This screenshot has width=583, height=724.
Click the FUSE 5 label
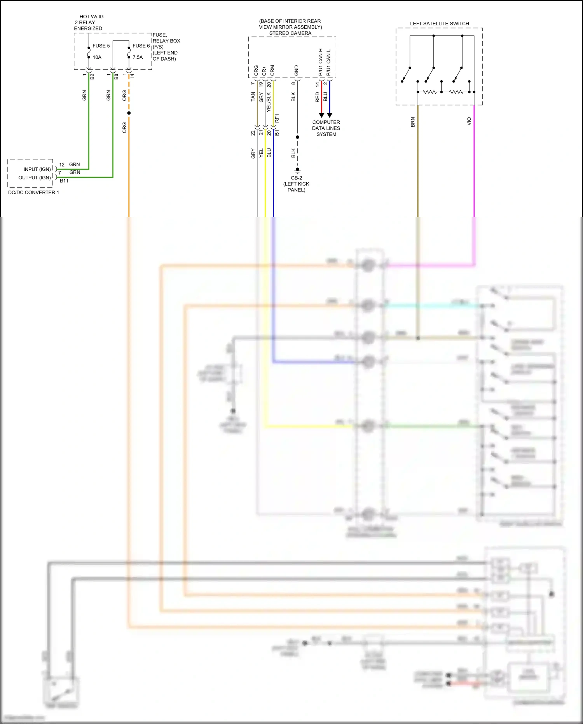tap(101, 46)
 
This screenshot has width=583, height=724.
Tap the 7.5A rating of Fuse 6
tap(138, 57)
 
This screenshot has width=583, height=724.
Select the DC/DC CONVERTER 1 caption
tap(33, 193)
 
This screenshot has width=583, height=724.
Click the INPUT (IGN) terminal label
tap(37, 169)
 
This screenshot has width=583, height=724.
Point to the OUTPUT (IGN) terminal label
tap(35, 178)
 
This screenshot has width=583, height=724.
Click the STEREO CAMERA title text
tap(290, 33)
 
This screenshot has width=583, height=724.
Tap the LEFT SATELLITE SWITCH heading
tap(439, 24)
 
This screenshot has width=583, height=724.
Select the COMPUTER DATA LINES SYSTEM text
tap(326, 128)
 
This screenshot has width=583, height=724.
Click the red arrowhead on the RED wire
tap(321, 115)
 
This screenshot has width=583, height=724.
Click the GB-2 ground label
tap(297, 178)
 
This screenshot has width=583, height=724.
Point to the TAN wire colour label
tap(253, 97)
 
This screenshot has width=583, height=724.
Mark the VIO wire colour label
tap(469, 121)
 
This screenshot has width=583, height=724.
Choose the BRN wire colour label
tap(413, 122)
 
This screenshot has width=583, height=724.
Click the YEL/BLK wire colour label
tap(269, 102)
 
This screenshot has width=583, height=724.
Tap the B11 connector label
tap(64, 181)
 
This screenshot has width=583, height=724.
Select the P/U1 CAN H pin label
tap(321, 62)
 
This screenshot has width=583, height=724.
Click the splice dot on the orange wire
tap(129, 113)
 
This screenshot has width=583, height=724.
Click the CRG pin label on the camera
tap(256, 70)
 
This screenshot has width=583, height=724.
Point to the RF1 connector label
tap(277, 118)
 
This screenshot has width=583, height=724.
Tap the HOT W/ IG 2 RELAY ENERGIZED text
tap(89, 23)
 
